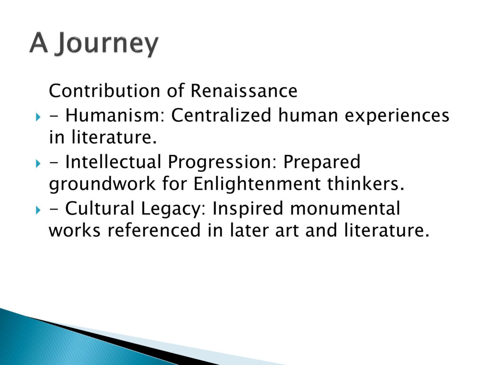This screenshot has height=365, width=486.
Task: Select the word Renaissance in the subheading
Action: [244, 91]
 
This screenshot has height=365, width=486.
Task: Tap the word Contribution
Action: [104, 91]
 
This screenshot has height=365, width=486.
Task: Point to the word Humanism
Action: [115, 115]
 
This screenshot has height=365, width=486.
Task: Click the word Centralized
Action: [221, 115]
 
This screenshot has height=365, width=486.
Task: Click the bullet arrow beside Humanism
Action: [38, 117]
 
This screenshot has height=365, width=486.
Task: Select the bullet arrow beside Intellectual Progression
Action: [38, 163]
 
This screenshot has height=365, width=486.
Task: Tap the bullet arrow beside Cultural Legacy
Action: [38, 211]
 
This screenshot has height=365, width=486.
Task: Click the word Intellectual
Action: [113, 162]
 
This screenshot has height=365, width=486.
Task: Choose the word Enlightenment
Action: [257, 183]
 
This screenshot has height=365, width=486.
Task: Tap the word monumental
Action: [345, 208]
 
